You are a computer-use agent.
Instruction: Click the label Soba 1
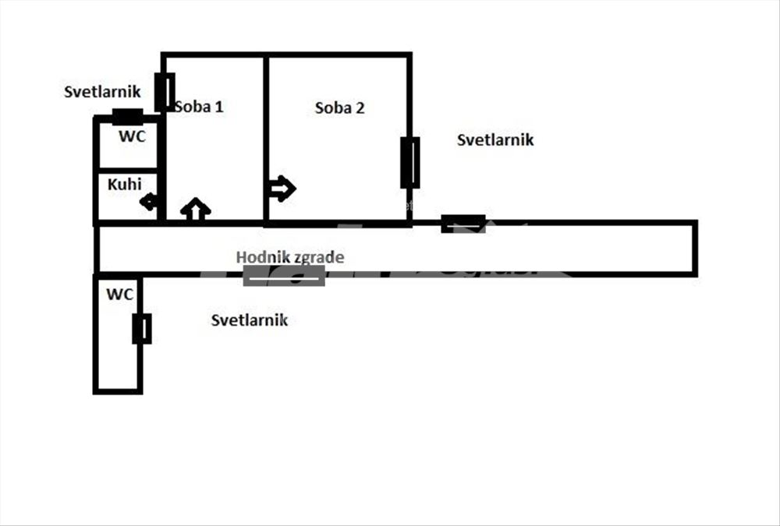pyautogui.click(x=199, y=107)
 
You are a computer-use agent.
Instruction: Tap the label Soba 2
pyautogui.click(x=340, y=108)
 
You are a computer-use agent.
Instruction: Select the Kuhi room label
pyautogui.click(x=124, y=185)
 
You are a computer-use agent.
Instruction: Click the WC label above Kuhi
pyautogui.click(x=133, y=136)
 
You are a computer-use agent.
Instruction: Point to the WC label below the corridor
pyautogui.click(x=120, y=295)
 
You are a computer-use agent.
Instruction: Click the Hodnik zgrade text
pyautogui.click(x=290, y=257)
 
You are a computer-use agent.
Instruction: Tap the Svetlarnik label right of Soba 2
pyautogui.click(x=495, y=140)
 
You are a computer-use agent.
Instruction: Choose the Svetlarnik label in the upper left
pyautogui.click(x=102, y=92)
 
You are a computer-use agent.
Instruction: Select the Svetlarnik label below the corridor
pyautogui.click(x=250, y=320)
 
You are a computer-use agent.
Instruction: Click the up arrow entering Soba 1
pyautogui.click(x=196, y=210)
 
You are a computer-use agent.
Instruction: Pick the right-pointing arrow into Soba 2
pyautogui.click(x=282, y=189)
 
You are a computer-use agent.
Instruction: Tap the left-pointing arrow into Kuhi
pyautogui.click(x=149, y=203)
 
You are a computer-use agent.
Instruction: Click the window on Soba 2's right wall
pyautogui.click(x=410, y=163)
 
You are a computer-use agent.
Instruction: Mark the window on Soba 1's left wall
pyautogui.click(x=165, y=93)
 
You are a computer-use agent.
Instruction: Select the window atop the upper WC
pyautogui.click(x=127, y=118)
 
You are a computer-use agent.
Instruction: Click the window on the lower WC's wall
pyautogui.click(x=142, y=329)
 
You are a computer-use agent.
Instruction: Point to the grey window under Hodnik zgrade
pyautogui.click(x=284, y=276)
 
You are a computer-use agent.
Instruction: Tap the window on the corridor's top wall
pyautogui.click(x=463, y=224)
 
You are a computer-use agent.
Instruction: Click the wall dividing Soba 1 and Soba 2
pyautogui.click(x=266, y=139)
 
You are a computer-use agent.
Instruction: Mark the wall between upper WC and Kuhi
pyautogui.click(x=128, y=171)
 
